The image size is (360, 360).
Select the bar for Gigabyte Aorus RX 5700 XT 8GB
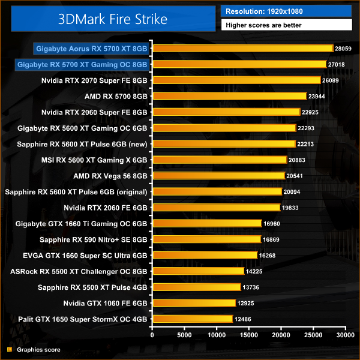(x=243, y=48)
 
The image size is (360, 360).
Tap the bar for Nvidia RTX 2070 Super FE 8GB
(x=236, y=80)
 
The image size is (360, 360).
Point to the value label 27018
(x=338, y=64)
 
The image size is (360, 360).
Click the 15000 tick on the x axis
(x=248, y=334)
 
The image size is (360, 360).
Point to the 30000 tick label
(x=344, y=334)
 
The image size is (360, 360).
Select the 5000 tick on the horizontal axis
(x=184, y=334)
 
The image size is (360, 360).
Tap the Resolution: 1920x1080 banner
(x=286, y=11)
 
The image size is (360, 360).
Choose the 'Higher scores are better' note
(x=286, y=26)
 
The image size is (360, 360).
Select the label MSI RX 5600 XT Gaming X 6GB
(x=100, y=160)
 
